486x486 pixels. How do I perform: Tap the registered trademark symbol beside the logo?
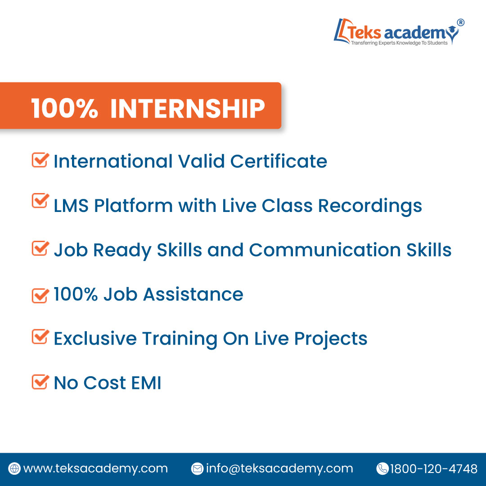[460, 22]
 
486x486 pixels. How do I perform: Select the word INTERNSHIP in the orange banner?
[187, 108]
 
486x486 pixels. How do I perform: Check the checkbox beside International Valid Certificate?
[40, 160]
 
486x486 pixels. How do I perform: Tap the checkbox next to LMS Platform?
[40, 201]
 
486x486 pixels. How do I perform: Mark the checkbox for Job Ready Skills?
[40, 248]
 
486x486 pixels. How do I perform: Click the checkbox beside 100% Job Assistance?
[40, 295]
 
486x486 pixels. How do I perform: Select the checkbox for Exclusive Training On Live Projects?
[40, 337]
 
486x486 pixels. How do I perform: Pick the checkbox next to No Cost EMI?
[40, 382]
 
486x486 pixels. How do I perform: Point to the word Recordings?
[370, 206]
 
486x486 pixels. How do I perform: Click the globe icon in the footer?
[15, 468]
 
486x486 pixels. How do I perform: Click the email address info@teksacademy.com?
[279, 468]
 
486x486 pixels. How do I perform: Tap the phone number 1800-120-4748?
[433, 468]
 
